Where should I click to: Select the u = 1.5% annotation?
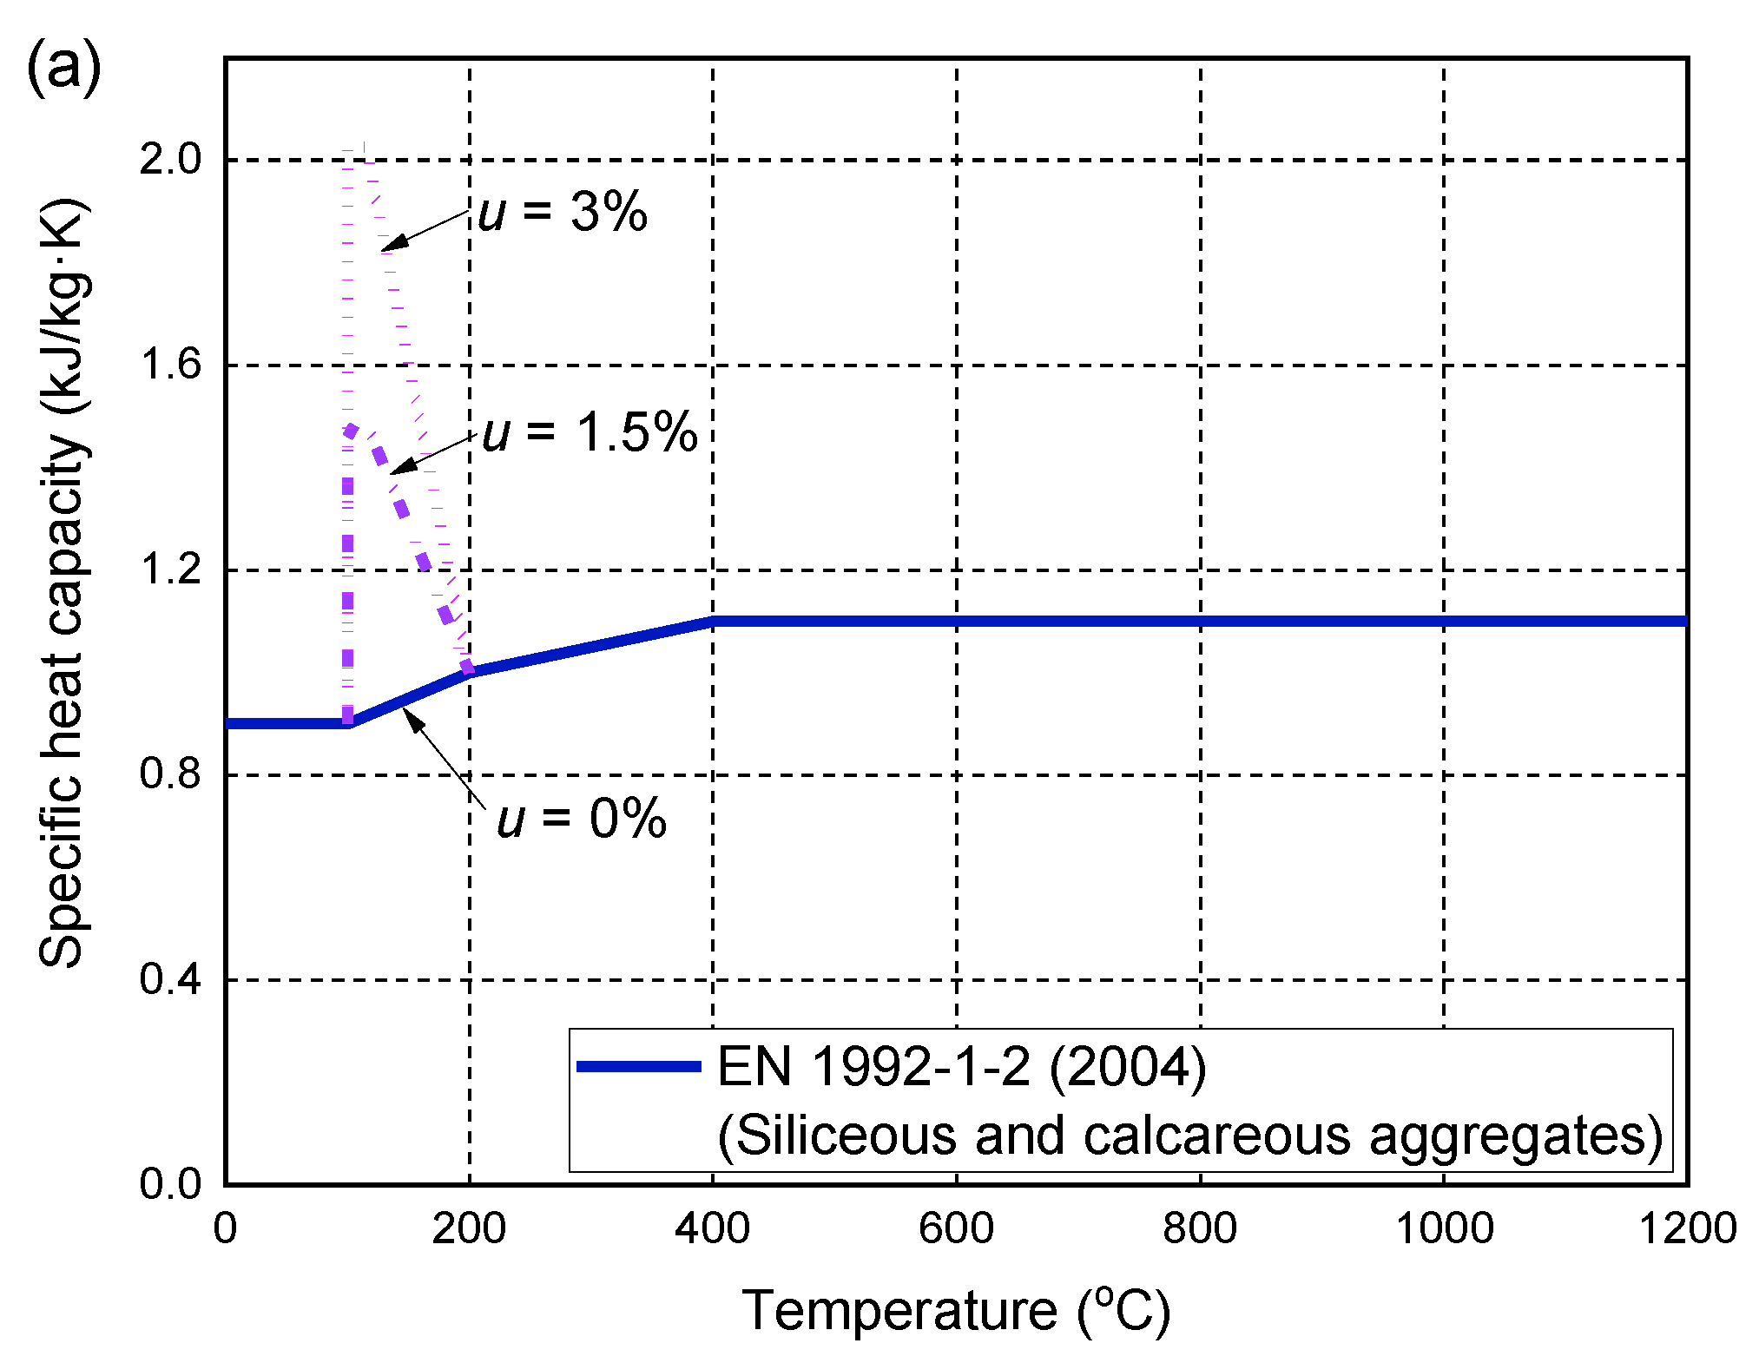click(x=590, y=431)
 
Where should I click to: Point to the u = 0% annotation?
click(x=581, y=818)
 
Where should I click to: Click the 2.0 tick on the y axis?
click(x=170, y=159)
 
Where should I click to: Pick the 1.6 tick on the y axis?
click(x=170, y=364)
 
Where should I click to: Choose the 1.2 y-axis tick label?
click(x=170, y=570)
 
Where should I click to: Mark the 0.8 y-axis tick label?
click(x=170, y=774)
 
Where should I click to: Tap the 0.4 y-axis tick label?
click(x=170, y=979)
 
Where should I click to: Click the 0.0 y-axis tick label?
click(x=170, y=1184)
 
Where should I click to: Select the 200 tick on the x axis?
click(x=469, y=1229)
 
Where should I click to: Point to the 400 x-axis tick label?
click(x=713, y=1229)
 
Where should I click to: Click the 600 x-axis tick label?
click(x=957, y=1229)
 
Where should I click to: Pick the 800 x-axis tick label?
click(x=1201, y=1229)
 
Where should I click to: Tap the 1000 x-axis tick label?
click(x=1444, y=1229)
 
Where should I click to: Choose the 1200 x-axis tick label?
click(x=1687, y=1229)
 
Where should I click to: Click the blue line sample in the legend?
click(x=639, y=1066)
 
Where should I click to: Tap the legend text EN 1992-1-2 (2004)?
click(x=961, y=1067)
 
